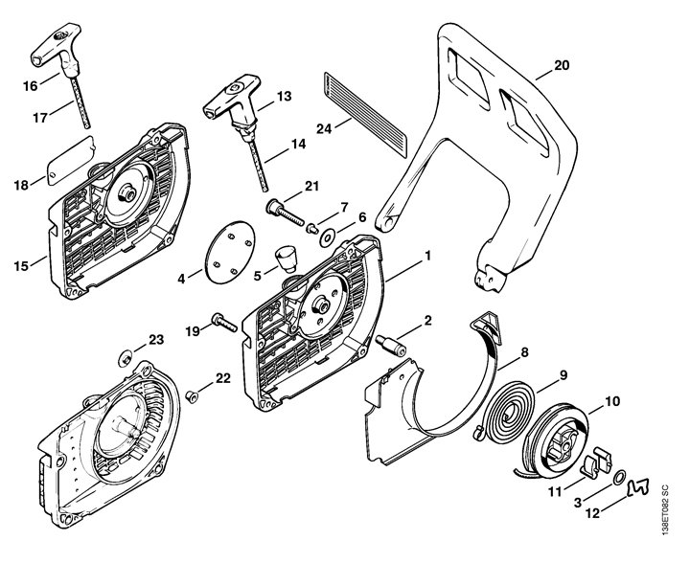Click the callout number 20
(561, 65)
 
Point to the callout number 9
(563, 374)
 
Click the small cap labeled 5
(283, 257)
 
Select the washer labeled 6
(329, 236)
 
